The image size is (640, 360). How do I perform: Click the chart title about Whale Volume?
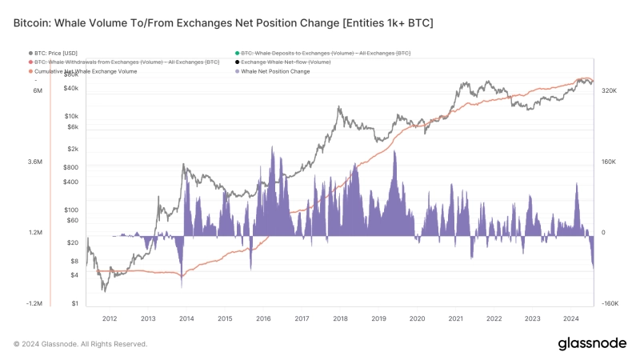[223, 23]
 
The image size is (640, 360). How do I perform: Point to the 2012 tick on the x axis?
[110, 318]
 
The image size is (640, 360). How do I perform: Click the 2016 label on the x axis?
[263, 318]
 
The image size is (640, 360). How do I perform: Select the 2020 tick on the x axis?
[417, 318]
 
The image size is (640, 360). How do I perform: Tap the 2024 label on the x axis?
[570, 318]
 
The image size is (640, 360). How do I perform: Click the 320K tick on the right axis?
[609, 91]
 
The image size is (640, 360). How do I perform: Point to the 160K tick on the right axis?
[609, 162]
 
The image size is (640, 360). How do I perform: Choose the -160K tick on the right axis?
[610, 303]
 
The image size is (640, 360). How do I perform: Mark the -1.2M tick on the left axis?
[35, 303]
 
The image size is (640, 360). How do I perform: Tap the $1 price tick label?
[74, 303]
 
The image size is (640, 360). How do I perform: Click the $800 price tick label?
[70, 167]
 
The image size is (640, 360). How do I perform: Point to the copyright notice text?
[80, 344]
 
